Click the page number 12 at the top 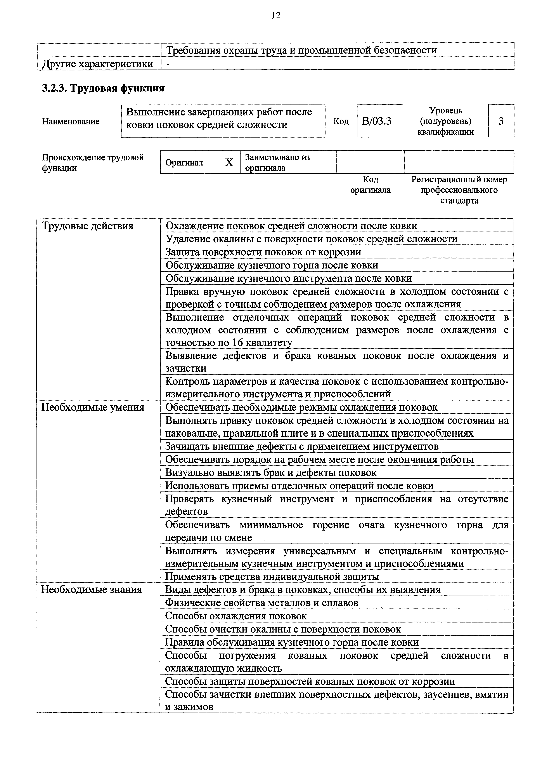click(276, 15)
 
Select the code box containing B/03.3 click(379, 121)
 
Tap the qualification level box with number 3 click(501, 121)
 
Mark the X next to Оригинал click(229, 163)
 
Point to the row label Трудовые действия click(87, 226)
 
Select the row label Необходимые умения click(93, 408)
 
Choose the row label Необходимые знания click(92, 590)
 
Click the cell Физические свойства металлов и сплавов click(262, 603)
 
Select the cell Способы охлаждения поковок click(236, 616)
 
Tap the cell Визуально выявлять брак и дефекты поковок click(271, 473)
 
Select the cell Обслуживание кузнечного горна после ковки click(272, 265)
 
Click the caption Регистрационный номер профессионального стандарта click(459, 190)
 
